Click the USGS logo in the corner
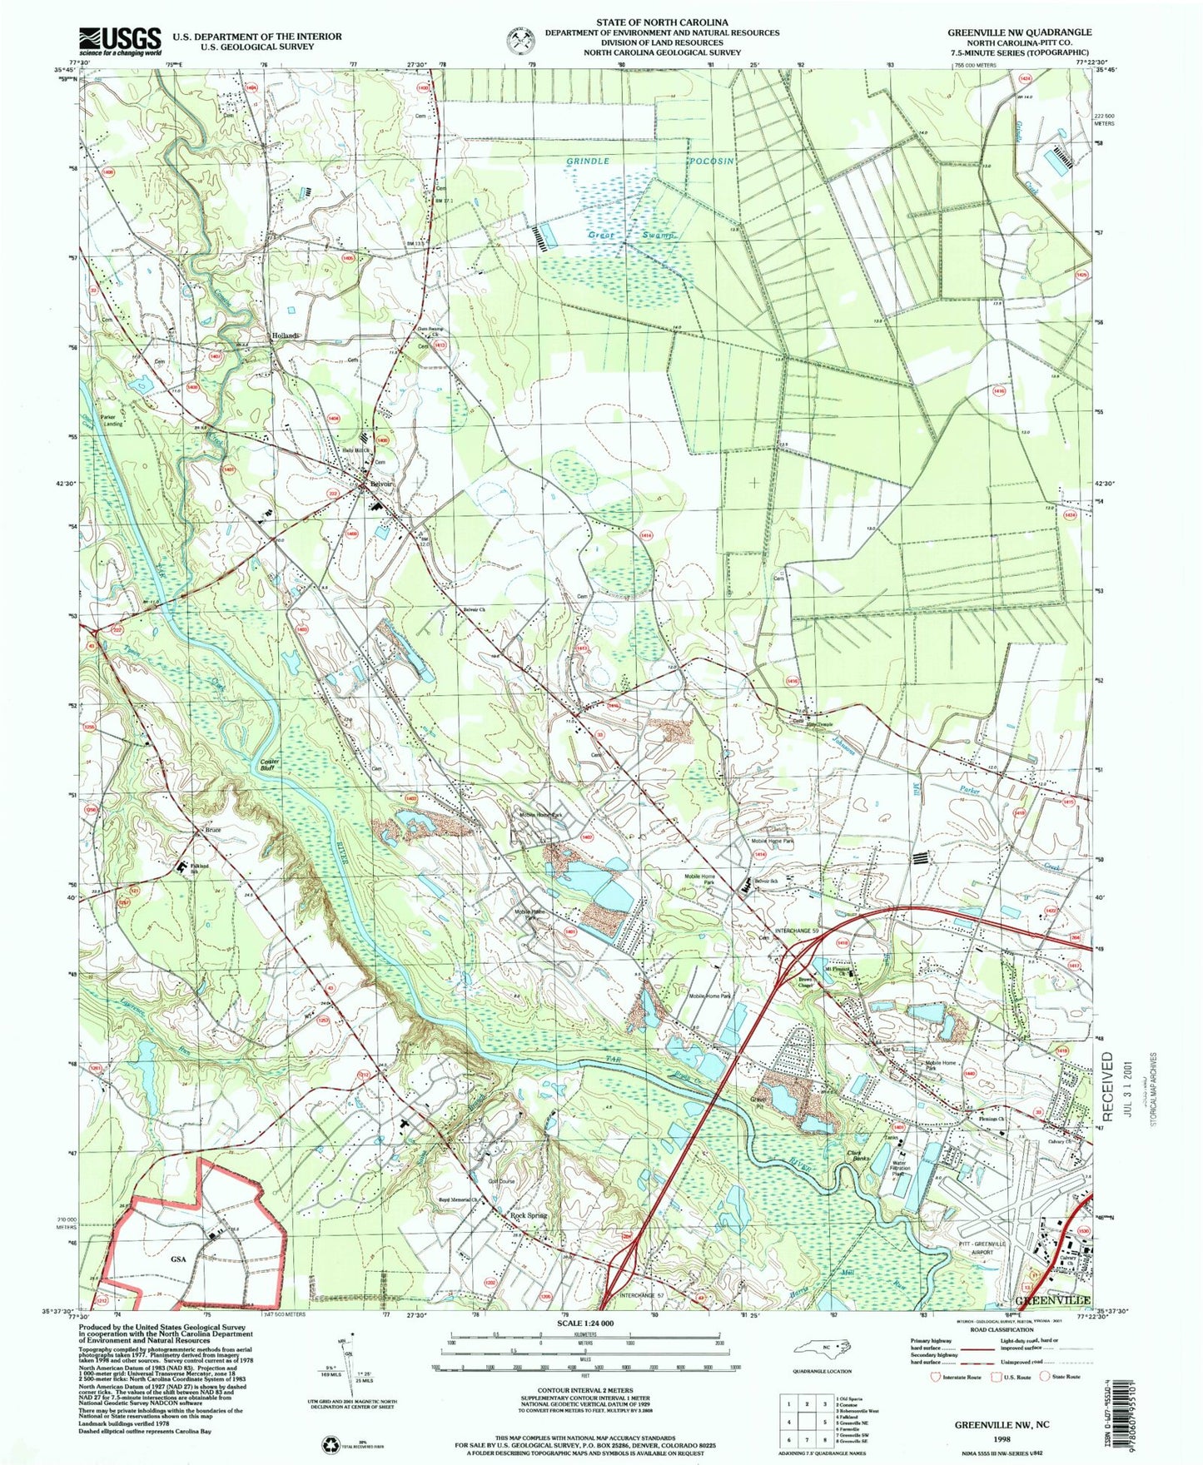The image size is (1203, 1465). tap(120, 41)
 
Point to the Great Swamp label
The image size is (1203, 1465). tap(630, 236)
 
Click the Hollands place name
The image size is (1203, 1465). tap(285, 335)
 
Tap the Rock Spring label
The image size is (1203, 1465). tap(529, 1215)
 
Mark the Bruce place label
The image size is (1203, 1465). tap(214, 830)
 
